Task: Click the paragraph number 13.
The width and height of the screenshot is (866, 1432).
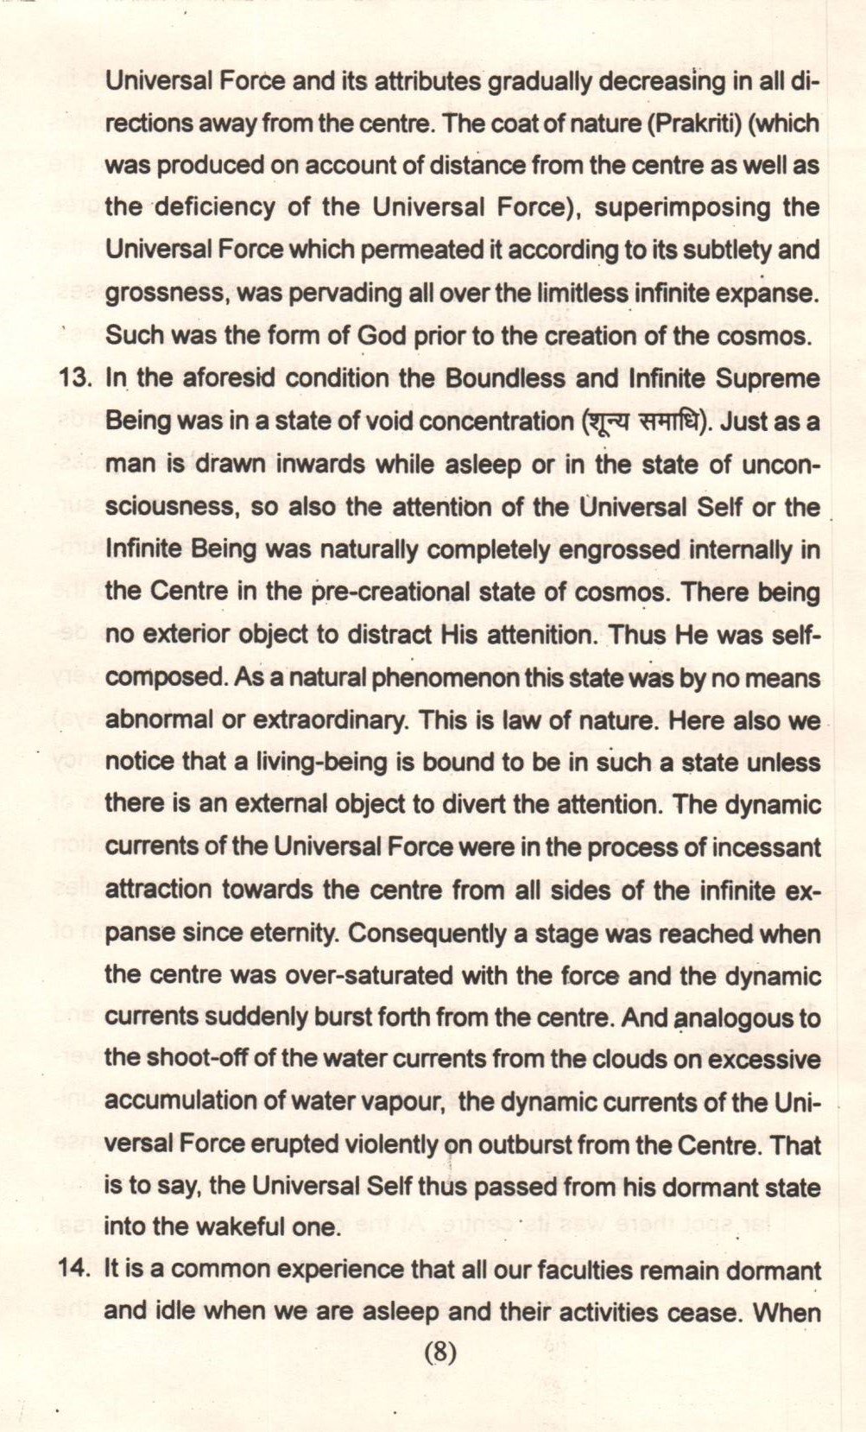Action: [x=76, y=378]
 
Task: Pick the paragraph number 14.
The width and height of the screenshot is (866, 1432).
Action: [x=76, y=1270]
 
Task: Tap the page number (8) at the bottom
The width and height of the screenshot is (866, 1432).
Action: [x=439, y=1353]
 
